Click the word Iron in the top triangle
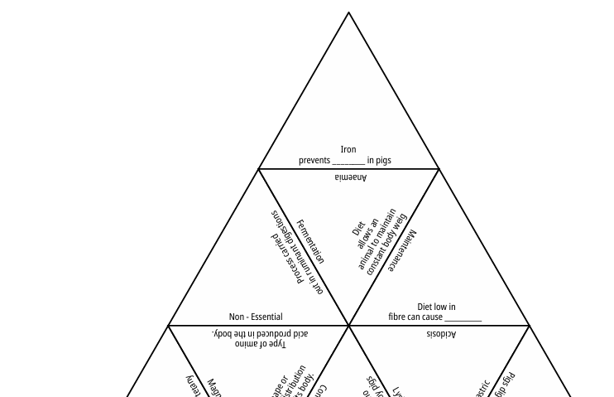coord(348,150)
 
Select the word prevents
coord(314,160)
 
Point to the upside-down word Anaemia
coord(350,177)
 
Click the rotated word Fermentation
coord(310,241)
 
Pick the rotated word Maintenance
coord(403,252)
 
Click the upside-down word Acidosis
coord(441,334)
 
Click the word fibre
coord(398,317)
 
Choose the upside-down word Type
coord(275,343)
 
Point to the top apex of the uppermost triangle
coord(348,12)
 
